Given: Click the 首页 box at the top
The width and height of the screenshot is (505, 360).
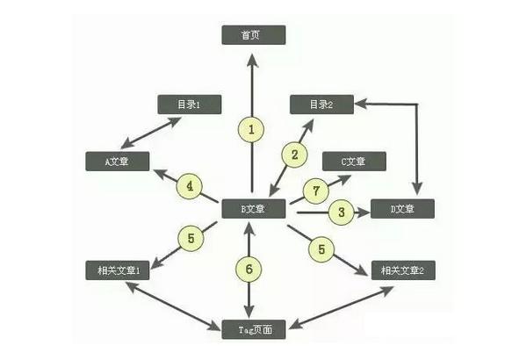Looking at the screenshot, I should [x=253, y=36].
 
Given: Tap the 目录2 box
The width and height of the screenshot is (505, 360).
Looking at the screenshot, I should [x=321, y=104].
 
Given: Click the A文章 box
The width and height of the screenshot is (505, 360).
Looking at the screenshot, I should [x=119, y=161].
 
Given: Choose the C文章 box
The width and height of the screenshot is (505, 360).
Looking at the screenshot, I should [x=355, y=161].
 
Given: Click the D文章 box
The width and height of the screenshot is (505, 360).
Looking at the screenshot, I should [x=402, y=209].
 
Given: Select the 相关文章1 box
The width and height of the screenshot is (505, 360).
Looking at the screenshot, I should [x=119, y=270].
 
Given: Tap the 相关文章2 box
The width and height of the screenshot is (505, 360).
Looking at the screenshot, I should [x=402, y=270].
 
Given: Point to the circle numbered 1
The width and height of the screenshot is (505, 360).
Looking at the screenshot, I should [x=251, y=130].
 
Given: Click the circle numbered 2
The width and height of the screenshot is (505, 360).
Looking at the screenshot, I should [x=295, y=154].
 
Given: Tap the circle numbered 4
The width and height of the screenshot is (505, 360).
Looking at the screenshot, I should [x=190, y=186].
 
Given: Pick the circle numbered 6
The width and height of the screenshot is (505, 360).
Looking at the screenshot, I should [x=250, y=269].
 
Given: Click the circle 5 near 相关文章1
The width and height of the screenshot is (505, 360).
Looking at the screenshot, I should [x=191, y=238].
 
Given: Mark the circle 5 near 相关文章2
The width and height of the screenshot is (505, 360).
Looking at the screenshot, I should [x=322, y=249].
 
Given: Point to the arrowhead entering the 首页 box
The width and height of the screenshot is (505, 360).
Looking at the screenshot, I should [x=253, y=59].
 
